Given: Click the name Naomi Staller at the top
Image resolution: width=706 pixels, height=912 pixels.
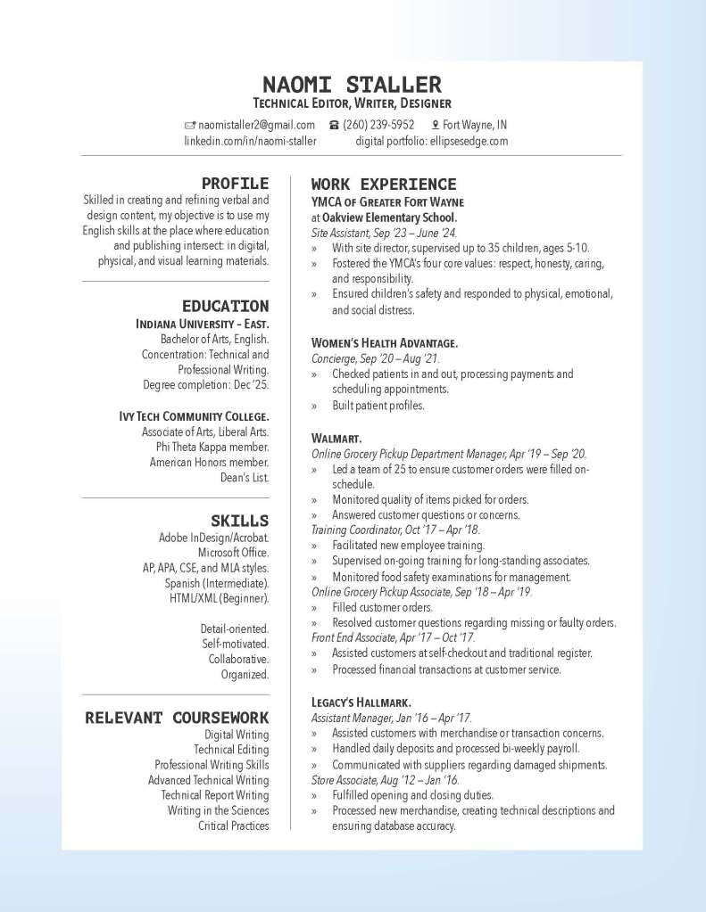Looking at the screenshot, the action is click(353, 85).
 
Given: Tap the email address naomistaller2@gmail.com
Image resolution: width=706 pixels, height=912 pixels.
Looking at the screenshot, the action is click(256, 125).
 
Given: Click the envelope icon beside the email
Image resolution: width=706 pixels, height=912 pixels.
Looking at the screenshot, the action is click(189, 125).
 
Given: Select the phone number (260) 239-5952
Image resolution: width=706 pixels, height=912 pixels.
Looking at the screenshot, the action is click(378, 125).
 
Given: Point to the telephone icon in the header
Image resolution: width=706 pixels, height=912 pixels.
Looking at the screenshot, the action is click(334, 125).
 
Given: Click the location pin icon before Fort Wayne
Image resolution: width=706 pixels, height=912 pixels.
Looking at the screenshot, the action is click(436, 125).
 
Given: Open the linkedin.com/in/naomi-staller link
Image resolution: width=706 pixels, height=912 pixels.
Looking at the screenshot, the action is click(250, 141).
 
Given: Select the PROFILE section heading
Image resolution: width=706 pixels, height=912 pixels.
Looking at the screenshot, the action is click(235, 184).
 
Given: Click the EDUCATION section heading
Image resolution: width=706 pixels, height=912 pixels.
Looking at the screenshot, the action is click(225, 306).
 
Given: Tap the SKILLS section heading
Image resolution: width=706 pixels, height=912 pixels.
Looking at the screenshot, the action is click(239, 520).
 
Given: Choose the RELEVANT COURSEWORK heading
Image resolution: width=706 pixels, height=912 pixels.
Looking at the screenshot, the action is click(177, 717).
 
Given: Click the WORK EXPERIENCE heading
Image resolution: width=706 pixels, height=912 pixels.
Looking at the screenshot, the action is click(384, 185).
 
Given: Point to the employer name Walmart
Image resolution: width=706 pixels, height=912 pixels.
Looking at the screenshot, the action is click(336, 439).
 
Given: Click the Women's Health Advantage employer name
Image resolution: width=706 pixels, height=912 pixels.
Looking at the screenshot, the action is click(385, 342).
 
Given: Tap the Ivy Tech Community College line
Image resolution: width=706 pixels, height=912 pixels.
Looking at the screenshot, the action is click(194, 416).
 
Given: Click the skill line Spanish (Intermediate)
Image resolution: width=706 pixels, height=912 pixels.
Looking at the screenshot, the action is click(217, 583).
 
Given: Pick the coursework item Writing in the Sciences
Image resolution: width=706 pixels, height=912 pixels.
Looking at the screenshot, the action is click(218, 810).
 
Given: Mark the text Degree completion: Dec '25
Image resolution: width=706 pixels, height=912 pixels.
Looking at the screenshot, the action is click(205, 385).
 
